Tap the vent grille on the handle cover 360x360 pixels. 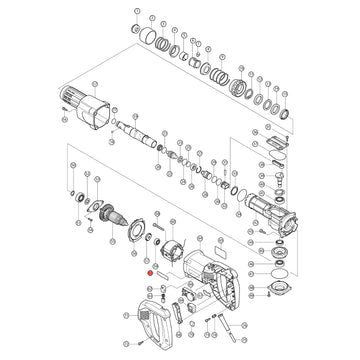pyautogui.click(x=139, y=322)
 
